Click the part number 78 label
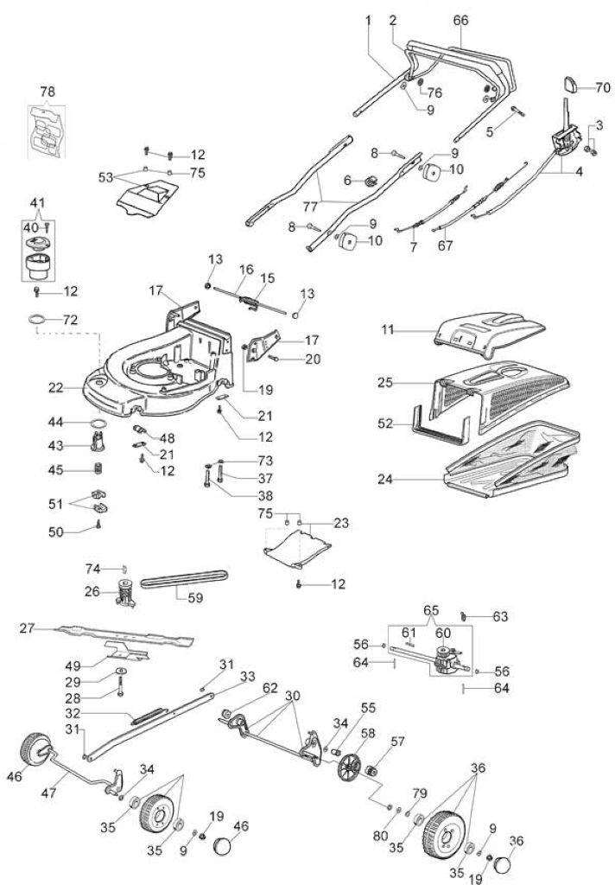[48, 92]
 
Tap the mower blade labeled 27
[124, 635]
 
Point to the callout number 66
[460, 21]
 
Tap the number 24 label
[385, 479]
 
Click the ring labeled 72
[36, 320]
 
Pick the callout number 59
[195, 596]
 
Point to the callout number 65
[431, 611]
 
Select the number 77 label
[310, 207]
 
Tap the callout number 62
[270, 688]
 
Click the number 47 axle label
[49, 793]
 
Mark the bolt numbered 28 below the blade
[119, 688]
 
